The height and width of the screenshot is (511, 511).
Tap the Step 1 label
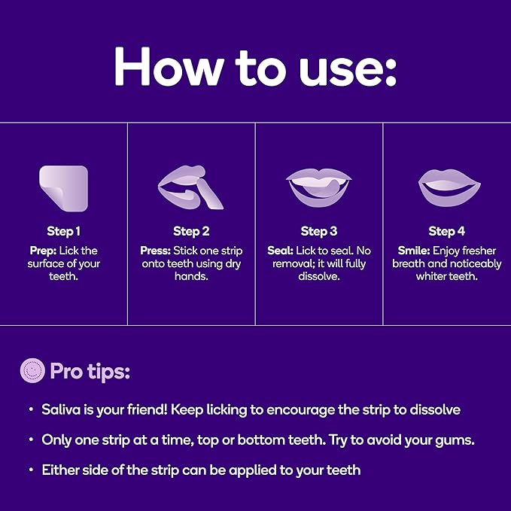[63, 231]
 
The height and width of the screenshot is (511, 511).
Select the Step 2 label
[191, 231]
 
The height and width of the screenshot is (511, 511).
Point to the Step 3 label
[319, 231]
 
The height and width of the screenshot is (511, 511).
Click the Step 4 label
[447, 231]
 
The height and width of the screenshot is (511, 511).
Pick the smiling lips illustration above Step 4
[447, 186]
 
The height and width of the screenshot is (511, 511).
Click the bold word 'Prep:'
[43, 251]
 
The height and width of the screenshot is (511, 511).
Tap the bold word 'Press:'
[156, 251]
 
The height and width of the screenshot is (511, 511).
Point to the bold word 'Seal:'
[280, 251]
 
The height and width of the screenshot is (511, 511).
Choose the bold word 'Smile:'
[413, 251]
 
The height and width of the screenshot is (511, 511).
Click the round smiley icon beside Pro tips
[32, 371]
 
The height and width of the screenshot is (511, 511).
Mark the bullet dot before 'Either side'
[31, 470]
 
